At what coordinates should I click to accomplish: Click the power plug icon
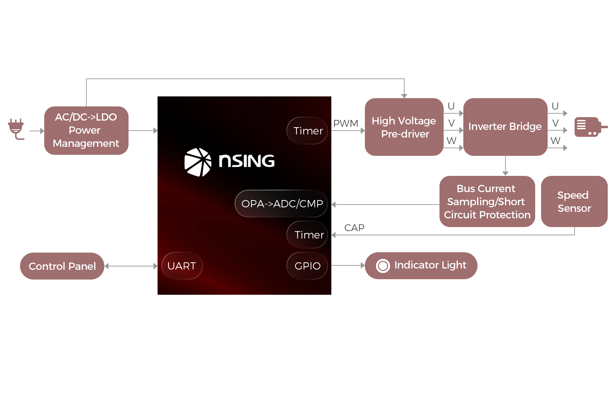coord(16,129)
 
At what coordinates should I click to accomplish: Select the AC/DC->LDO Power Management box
coord(86,131)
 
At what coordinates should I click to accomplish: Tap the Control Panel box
coord(62,266)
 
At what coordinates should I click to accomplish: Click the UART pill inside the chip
coord(182,266)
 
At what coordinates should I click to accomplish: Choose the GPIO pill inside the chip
coord(307,266)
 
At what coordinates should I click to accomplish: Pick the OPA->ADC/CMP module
coord(281,204)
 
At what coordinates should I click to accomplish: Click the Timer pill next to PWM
coord(307,131)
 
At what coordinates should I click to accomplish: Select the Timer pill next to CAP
coord(307,235)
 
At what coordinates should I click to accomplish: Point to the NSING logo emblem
coord(198,162)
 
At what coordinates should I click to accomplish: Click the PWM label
coord(346,123)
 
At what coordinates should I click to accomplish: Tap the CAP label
coord(354,228)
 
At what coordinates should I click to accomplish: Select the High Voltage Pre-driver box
coord(404,127)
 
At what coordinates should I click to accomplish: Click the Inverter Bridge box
coord(505,127)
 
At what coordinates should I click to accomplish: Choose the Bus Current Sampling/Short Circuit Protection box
coord(487,201)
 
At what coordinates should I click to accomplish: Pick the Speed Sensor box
coord(574,201)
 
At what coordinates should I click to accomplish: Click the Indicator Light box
coord(421,266)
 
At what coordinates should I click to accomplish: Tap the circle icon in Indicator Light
coord(383,266)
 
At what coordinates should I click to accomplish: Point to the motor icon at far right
coord(591,127)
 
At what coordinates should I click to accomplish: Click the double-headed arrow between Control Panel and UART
coord(131,266)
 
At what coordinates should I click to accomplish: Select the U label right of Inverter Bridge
coord(555,106)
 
